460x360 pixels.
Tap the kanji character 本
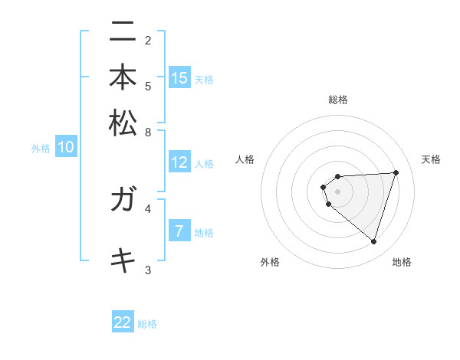pyautogui.click(x=123, y=78)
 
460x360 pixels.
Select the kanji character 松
pyautogui.click(x=123, y=123)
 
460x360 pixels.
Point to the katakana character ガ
pyautogui.click(x=123, y=201)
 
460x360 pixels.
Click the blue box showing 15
pyautogui.click(x=179, y=78)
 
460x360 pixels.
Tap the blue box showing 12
pyautogui.click(x=179, y=162)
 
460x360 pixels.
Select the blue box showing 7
pyautogui.click(x=179, y=231)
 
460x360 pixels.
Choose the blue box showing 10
pyautogui.click(x=66, y=148)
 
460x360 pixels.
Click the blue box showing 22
pyautogui.click(x=123, y=322)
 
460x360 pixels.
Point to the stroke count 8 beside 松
pyautogui.click(x=148, y=132)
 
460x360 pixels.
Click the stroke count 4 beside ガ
pyautogui.click(x=148, y=208)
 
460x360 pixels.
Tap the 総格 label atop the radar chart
pyautogui.click(x=338, y=100)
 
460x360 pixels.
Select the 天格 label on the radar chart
pyautogui.click(x=431, y=159)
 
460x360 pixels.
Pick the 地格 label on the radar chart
pyautogui.click(x=402, y=262)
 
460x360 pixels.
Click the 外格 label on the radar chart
pyautogui.click(x=270, y=262)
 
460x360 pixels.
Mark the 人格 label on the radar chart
pyautogui.click(x=245, y=159)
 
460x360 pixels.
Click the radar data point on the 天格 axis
pyautogui.click(x=396, y=172)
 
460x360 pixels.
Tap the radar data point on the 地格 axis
pyautogui.click(x=373, y=241)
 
